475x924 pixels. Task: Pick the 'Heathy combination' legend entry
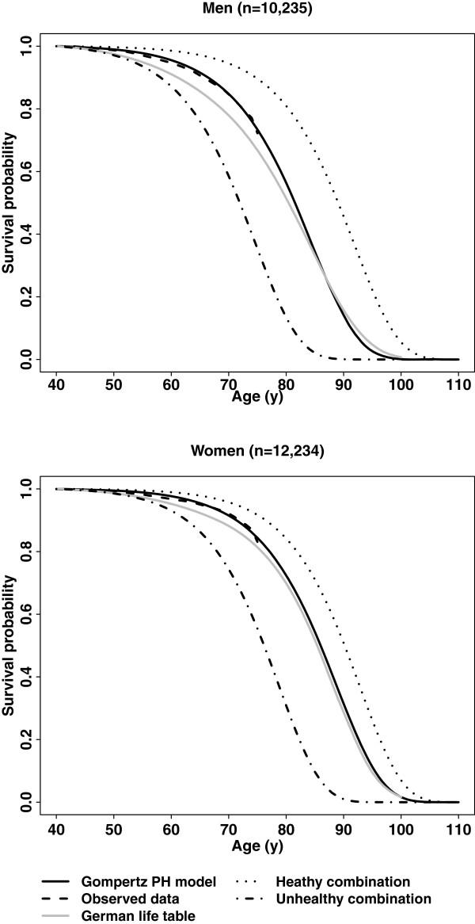click(x=343, y=881)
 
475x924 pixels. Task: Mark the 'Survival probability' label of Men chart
click(x=9, y=202)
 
